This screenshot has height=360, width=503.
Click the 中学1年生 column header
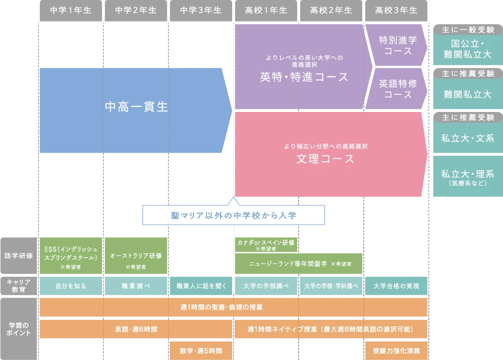click(71, 10)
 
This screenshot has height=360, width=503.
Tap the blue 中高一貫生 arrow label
click(136, 107)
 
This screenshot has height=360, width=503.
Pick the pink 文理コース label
click(325, 159)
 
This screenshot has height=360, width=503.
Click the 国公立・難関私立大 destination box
click(467, 49)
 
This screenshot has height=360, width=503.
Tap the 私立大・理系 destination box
click(467, 177)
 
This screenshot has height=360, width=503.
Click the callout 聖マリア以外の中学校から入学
click(234, 215)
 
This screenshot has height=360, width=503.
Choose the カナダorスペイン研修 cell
click(266, 245)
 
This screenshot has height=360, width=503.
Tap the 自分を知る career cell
click(71, 286)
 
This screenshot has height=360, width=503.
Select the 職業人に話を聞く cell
click(200, 286)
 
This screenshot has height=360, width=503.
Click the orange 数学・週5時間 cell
click(200, 350)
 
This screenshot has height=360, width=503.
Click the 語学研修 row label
click(19, 256)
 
